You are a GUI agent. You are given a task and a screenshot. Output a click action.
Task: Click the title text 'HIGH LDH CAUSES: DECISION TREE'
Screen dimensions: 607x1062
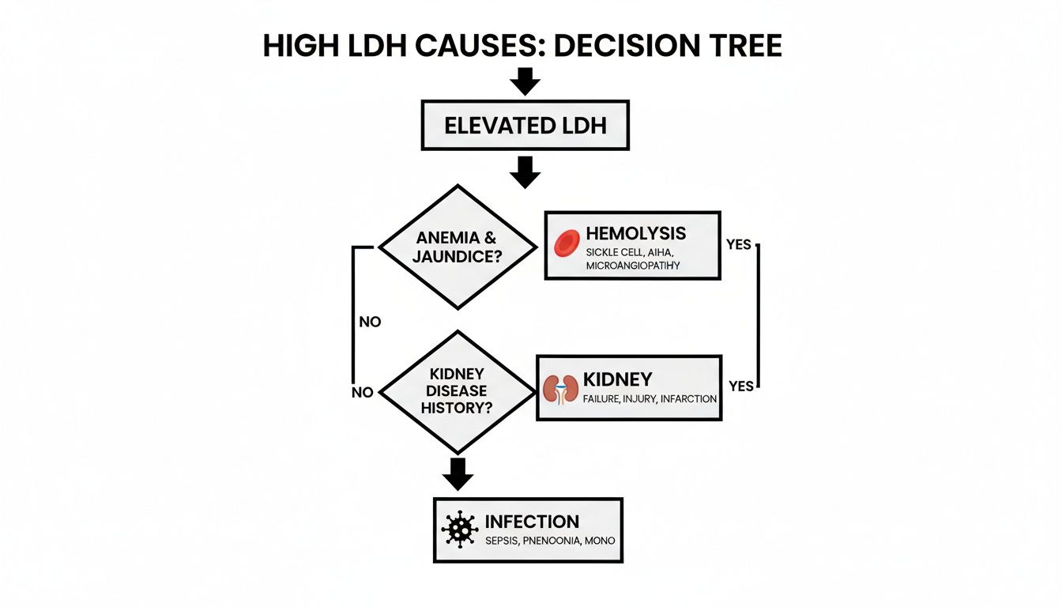pyautogui.click(x=522, y=47)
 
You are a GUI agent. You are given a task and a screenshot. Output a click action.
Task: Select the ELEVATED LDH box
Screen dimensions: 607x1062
pyautogui.click(x=525, y=125)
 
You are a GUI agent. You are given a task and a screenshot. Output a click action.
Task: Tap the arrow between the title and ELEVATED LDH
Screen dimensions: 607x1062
pyautogui.click(x=525, y=81)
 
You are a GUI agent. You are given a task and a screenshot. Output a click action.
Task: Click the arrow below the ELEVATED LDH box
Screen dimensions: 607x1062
pyautogui.click(x=525, y=172)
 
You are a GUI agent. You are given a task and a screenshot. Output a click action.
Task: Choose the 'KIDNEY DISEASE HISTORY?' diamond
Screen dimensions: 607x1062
pyautogui.click(x=457, y=391)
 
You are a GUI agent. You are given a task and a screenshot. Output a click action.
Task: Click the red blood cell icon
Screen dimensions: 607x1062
pyautogui.click(x=567, y=244)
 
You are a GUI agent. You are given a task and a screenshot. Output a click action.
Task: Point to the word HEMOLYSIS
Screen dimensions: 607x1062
pyautogui.click(x=635, y=234)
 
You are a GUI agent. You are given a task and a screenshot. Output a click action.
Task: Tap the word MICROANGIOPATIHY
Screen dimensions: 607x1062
pyautogui.click(x=632, y=266)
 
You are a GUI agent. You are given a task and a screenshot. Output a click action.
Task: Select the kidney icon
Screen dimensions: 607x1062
pyautogui.click(x=560, y=389)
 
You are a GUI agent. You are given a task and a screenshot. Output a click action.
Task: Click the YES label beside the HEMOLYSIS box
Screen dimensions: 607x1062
pyautogui.click(x=738, y=244)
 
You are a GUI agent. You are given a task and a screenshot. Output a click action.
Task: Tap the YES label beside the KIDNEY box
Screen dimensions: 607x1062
pyautogui.click(x=741, y=386)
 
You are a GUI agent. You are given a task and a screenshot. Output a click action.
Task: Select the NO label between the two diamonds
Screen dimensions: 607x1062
pyautogui.click(x=370, y=322)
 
